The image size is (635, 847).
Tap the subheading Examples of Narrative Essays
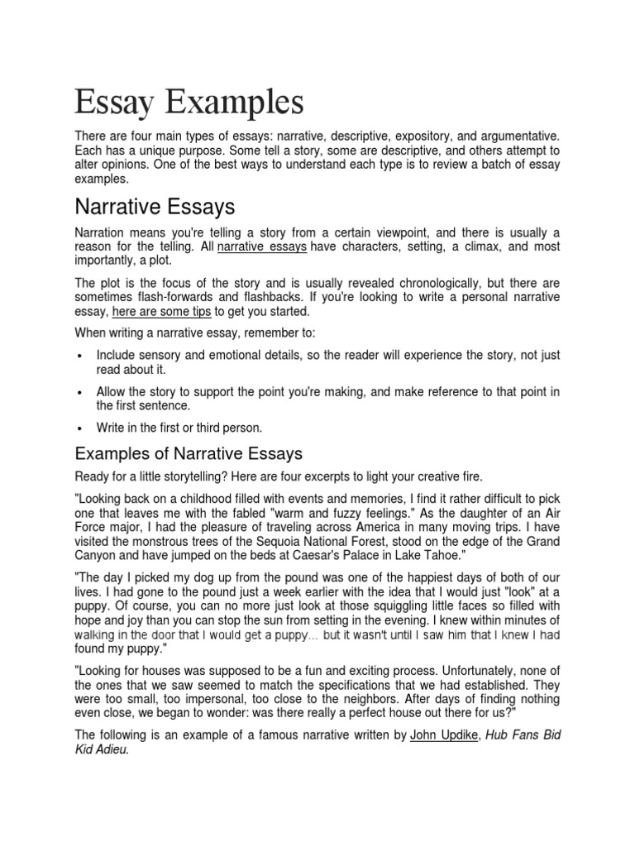coord(189,453)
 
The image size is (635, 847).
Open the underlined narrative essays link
coord(262,246)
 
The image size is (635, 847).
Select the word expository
coord(418,135)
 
